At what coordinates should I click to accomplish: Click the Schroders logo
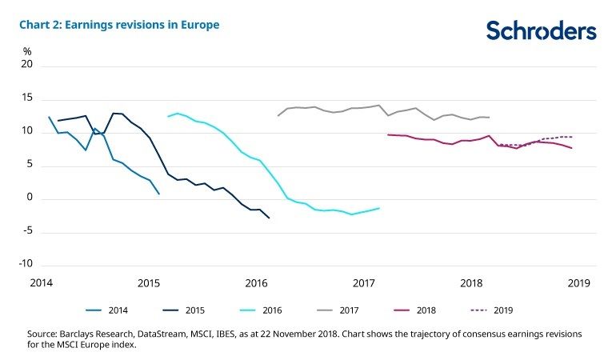tap(541, 31)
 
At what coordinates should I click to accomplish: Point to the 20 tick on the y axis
tap(26, 66)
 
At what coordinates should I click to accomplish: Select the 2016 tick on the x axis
tap(256, 283)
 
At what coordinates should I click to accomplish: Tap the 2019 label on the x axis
tap(578, 283)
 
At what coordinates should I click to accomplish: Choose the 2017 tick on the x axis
tap(364, 283)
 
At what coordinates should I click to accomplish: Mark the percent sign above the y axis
tap(26, 51)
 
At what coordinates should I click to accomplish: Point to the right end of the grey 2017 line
tap(489, 118)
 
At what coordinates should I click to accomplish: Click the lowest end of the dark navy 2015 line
tap(269, 218)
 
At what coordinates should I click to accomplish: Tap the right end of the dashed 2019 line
tap(572, 137)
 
